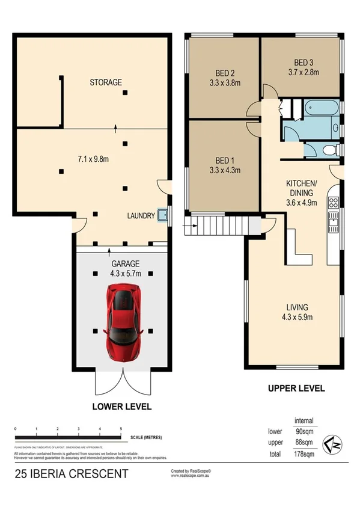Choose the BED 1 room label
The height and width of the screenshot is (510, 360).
click(x=224, y=161)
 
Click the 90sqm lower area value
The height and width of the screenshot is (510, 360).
click(x=304, y=431)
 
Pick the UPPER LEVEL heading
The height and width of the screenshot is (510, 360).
click(x=296, y=389)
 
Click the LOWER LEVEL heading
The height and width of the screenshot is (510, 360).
click(x=121, y=407)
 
